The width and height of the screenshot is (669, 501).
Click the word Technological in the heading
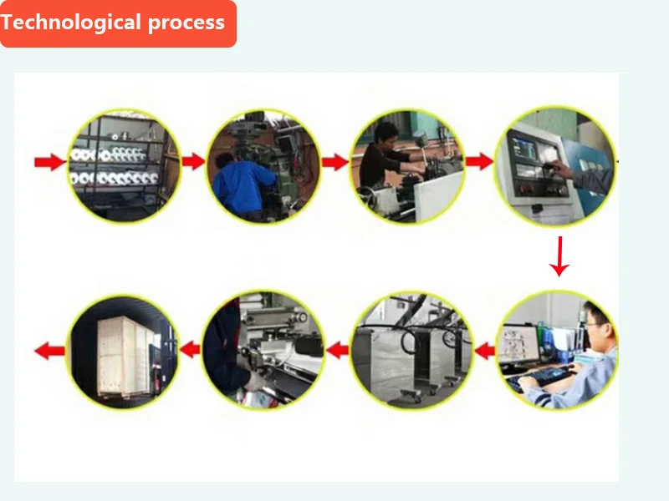(70, 23)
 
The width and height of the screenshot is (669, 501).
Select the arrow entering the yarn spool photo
(49, 161)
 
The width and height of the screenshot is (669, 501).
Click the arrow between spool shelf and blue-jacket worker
(193, 161)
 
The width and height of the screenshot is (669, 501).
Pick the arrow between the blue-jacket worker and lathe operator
(335, 161)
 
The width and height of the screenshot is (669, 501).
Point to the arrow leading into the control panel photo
(479, 161)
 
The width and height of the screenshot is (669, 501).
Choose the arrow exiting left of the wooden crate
(49, 350)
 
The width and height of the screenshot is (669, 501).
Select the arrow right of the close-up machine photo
(336, 350)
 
